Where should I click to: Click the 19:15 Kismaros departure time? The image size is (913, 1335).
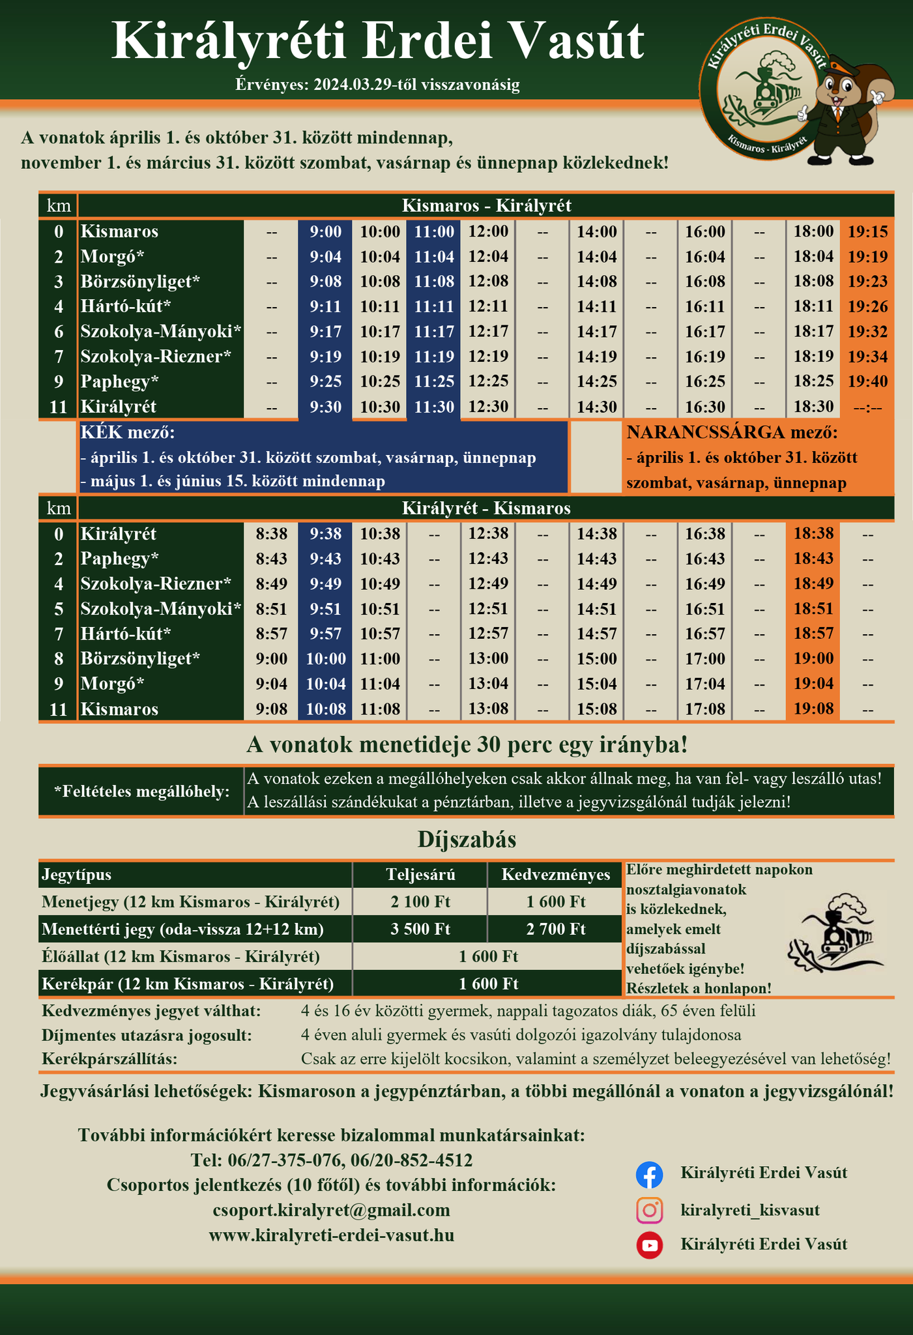pyautogui.click(x=867, y=231)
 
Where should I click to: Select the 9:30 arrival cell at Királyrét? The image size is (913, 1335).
pyautogui.click(x=325, y=407)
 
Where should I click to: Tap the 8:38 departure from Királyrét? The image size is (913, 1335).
pyautogui.click(x=271, y=534)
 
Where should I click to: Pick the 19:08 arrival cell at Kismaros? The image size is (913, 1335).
pyautogui.click(x=813, y=709)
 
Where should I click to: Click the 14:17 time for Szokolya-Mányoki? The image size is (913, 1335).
pyautogui.click(x=596, y=331)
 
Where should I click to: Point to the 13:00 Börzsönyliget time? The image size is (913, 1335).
pyautogui.click(x=488, y=658)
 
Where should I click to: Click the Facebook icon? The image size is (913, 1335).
pyautogui.click(x=649, y=1175)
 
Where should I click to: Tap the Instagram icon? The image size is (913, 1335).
pyautogui.click(x=649, y=1210)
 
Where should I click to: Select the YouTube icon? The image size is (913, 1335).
pyautogui.click(x=649, y=1245)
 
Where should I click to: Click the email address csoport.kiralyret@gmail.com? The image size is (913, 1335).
pyautogui.click(x=331, y=1210)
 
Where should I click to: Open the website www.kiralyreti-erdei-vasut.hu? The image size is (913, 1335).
pyautogui.click(x=331, y=1235)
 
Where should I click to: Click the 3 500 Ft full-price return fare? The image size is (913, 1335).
pyautogui.click(x=420, y=929)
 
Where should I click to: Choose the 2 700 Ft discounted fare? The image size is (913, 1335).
pyautogui.click(x=555, y=929)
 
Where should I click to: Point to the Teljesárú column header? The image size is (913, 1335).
pyautogui.click(x=420, y=875)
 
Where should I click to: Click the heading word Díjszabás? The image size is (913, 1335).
pyautogui.click(x=467, y=840)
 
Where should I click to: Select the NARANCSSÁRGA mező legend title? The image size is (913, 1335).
pyautogui.click(x=731, y=433)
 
